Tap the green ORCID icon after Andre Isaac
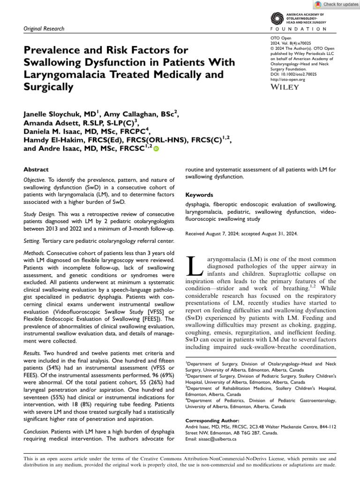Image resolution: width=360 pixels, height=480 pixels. (156, 149)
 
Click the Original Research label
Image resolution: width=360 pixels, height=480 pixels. (44, 29)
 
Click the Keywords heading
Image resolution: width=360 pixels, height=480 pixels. (200, 195)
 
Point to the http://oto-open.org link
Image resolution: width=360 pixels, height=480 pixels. (288, 80)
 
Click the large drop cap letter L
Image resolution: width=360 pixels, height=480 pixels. (193, 266)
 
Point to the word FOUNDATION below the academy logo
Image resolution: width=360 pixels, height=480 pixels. (300, 29)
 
